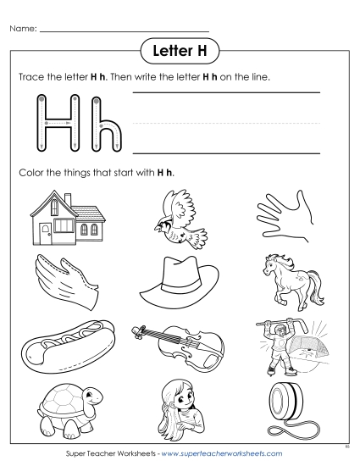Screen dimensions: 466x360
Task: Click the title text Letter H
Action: pyautogui.click(x=180, y=50)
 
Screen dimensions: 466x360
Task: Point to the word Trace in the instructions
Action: pyautogui.click(x=32, y=77)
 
